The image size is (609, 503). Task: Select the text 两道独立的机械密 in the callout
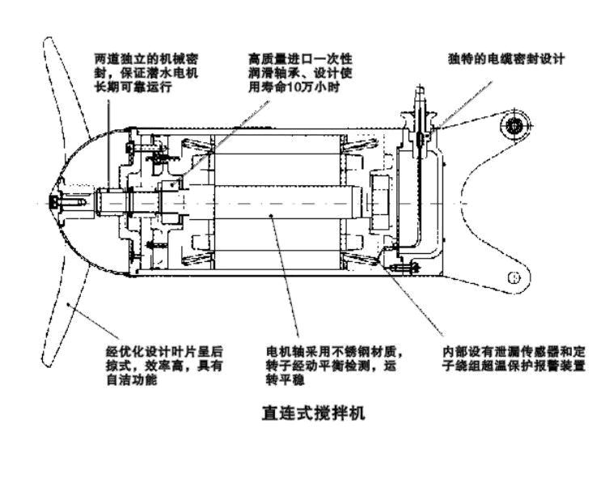[x=145, y=58]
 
